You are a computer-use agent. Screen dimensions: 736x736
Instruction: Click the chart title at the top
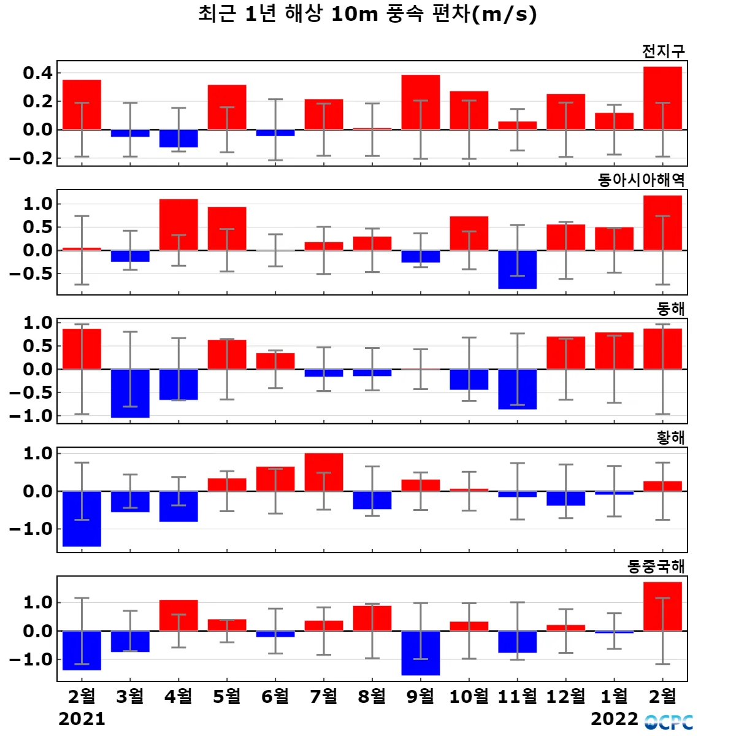coord(367,13)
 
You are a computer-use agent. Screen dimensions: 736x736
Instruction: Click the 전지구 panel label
coord(663,51)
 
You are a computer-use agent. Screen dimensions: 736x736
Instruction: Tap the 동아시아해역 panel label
coord(641,180)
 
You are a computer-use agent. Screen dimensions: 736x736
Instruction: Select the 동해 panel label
coord(670,309)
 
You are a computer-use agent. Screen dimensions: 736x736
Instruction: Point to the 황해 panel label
coord(670,437)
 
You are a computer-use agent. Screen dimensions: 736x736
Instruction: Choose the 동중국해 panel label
coord(656,566)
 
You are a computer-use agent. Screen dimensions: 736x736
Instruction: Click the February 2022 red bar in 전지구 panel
coord(662,98)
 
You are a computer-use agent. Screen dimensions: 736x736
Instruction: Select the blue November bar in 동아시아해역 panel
coord(517,269)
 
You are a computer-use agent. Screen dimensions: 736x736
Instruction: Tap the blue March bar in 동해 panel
coord(130,393)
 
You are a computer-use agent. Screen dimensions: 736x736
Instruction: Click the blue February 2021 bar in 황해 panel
coord(82,518)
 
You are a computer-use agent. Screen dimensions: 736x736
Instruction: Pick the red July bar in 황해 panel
coord(324,472)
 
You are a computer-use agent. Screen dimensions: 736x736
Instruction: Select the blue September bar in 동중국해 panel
coord(421,653)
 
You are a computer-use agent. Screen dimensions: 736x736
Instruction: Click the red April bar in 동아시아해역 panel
coord(178,224)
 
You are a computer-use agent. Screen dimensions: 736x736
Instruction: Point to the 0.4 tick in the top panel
coord(37,73)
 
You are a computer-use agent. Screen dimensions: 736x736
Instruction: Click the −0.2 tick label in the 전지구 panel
coord(31,158)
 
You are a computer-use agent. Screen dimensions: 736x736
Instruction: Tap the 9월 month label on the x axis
coord(421,696)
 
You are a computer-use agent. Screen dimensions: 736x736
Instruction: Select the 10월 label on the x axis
coord(469,696)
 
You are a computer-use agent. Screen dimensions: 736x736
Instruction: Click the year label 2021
coord(82,718)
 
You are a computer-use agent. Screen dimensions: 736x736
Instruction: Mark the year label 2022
coord(614,718)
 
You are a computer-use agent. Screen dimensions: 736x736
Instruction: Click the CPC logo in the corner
coord(669,722)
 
